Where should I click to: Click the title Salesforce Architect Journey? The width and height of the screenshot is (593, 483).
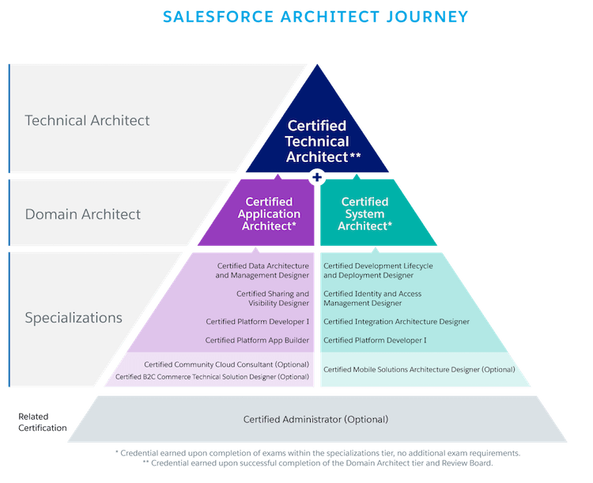pos(315,17)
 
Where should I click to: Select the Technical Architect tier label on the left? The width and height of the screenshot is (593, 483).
pos(87,121)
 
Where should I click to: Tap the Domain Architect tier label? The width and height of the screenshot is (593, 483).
pos(83,214)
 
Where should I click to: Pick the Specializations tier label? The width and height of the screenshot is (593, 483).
pos(74,318)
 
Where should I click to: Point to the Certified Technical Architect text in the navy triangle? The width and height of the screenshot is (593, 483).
pos(317,142)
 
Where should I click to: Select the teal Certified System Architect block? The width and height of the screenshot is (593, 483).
pos(364,213)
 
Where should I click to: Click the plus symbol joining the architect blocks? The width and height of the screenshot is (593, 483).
pos(317,177)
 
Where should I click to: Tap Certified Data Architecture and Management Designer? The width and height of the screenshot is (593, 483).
pos(263,270)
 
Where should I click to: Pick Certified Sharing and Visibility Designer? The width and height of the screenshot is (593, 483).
pos(272,298)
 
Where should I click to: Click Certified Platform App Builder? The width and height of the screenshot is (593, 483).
pos(257,340)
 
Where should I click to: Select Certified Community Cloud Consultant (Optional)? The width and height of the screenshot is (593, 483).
pos(225,364)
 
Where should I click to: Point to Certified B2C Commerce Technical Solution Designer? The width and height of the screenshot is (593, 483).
pos(212,377)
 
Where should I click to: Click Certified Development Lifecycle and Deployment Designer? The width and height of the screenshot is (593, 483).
pos(378,270)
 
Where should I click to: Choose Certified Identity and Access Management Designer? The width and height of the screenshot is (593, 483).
pos(373,298)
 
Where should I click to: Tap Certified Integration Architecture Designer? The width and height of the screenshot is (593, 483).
pos(396,322)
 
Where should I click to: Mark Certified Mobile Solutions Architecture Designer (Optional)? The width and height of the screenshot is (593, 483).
pos(419,369)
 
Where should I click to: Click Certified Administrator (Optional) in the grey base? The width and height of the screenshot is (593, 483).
pos(315,419)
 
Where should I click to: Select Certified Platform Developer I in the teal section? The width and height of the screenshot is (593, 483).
pos(375,340)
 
